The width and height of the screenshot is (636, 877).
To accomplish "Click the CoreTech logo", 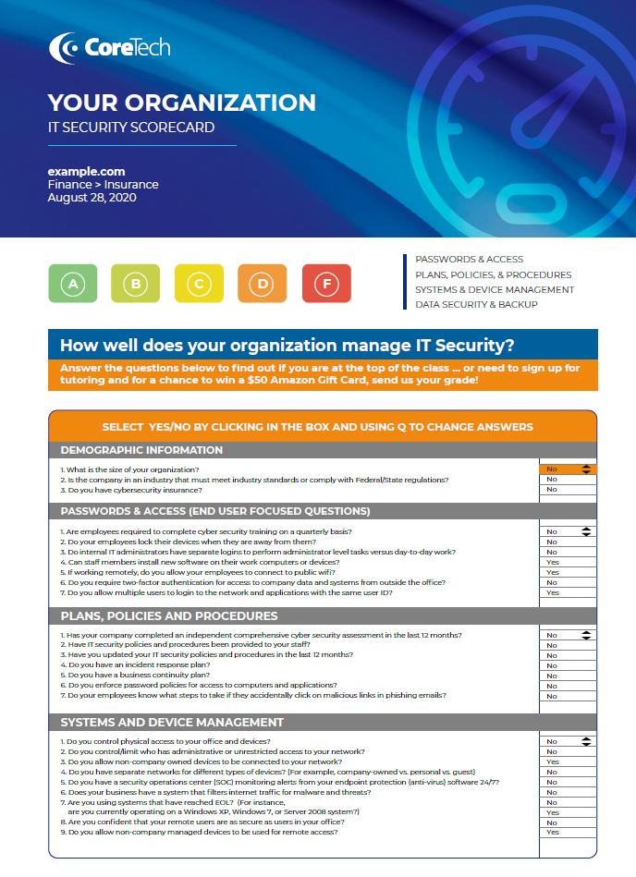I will pos(110,47).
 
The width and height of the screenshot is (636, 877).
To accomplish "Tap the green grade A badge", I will pos(72,284).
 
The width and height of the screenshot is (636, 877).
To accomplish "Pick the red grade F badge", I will pos(325,284).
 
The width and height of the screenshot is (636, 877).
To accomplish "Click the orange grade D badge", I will pos(263,284).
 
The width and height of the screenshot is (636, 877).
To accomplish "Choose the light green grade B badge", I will pos(136,284).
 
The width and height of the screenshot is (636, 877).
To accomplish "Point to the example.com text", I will pos(86,172).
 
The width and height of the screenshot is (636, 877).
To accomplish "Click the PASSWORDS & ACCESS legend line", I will pos(469,260).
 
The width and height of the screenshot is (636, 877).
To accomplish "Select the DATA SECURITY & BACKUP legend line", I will pos(476,304).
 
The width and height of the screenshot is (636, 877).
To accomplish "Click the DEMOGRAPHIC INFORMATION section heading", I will pos(141,450).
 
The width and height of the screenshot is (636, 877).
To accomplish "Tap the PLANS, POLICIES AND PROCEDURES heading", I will pos(169,615).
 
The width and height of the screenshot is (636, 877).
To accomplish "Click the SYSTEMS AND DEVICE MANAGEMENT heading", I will pos(172,722).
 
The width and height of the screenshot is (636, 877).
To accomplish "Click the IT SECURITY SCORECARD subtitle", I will pos(131,128).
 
